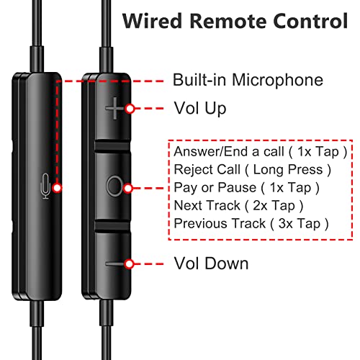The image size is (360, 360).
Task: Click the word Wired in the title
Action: [152, 21]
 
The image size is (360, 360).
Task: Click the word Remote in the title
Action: [228, 21]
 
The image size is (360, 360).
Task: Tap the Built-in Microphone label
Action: [248, 80]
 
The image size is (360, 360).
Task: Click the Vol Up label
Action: [200, 108]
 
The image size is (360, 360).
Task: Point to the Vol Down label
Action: [211, 264]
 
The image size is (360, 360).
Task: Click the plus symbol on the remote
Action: [115, 108]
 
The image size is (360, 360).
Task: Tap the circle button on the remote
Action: [114, 186]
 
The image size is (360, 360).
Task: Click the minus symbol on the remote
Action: [115, 264]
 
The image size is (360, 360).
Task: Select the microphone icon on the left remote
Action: [45, 186]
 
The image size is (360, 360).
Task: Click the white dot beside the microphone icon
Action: [57, 188]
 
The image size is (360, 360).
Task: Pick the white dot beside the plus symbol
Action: [130, 109]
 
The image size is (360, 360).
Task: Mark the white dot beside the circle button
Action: [128, 188]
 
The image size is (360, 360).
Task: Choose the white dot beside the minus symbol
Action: [130, 264]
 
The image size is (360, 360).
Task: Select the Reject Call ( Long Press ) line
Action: [253, 170]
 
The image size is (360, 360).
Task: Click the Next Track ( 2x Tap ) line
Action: [238, 206]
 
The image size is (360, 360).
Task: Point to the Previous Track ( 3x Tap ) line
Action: [251, 224]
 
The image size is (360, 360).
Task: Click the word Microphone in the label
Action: [277, 81]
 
